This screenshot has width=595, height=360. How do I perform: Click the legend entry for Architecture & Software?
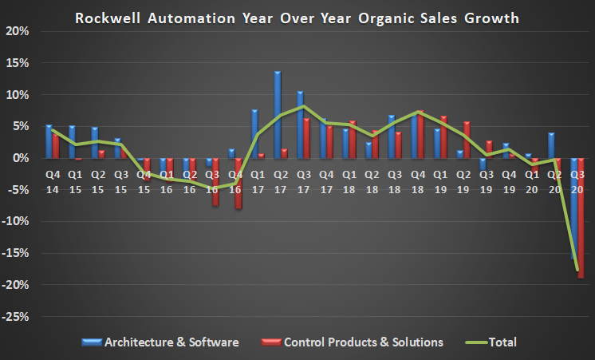(160, 342)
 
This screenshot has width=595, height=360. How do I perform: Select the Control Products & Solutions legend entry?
(352, 342)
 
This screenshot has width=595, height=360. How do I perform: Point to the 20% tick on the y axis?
(17, 31)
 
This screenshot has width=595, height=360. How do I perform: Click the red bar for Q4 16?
(238, 183)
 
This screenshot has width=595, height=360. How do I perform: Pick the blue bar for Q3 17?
(300, 125)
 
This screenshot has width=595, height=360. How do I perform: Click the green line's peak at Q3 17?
(304, 106)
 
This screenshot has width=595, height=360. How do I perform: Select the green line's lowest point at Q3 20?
(577, 270)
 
